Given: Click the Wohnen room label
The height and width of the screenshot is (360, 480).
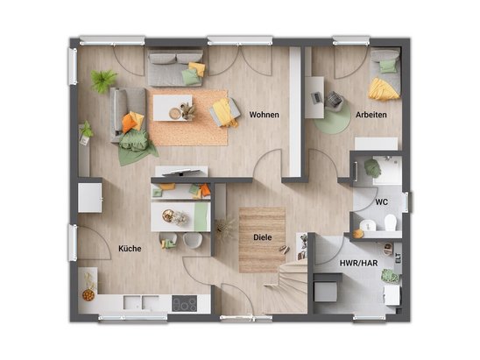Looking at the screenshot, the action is pyautogui.click(x=264, y=115).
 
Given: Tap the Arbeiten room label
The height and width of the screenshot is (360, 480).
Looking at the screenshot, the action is pyautogui.click(x=371, y=115).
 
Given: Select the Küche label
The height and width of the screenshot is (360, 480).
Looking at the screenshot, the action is pyautogui.click(x=130, y=249).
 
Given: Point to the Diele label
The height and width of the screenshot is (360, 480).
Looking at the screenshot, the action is pyautogui.click(x=263, y=237).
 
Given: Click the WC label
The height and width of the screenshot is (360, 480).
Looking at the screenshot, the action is pyautogui.click(x=381, y=202).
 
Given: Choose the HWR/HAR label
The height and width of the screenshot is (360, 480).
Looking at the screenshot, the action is pyautogui.click(x=358, y=263).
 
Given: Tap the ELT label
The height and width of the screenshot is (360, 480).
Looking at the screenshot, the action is pyautogui.click(x=399, y=258).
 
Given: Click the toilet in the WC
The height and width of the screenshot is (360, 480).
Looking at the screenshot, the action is pyautogui.click(x=391, y=222).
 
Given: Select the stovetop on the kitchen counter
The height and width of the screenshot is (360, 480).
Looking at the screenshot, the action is pyautogui.click(x=184, y=303).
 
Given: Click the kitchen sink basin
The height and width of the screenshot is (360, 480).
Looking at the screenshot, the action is pyautogui.click(x=141, y=302).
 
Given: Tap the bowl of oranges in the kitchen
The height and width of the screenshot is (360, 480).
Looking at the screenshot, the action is pyautogui.click(x=88, y=295).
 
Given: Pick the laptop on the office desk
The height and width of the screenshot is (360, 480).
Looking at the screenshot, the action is pyautogui.click(x=316, y=97).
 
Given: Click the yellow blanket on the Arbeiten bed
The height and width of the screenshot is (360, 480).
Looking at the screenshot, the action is pyautogui.click(x=384, y=89).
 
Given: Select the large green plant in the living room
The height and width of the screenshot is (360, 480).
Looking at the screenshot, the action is pyautogui.click(x=103, y=81).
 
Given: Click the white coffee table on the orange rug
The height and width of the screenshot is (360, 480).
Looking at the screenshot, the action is pyautogui.click(x=173, y=108).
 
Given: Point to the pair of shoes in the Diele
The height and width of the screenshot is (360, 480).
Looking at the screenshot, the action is pyautogui.click(x=285, y=250).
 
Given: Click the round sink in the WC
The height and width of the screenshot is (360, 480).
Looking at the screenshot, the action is pyautogui.click(x=367, y=226).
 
